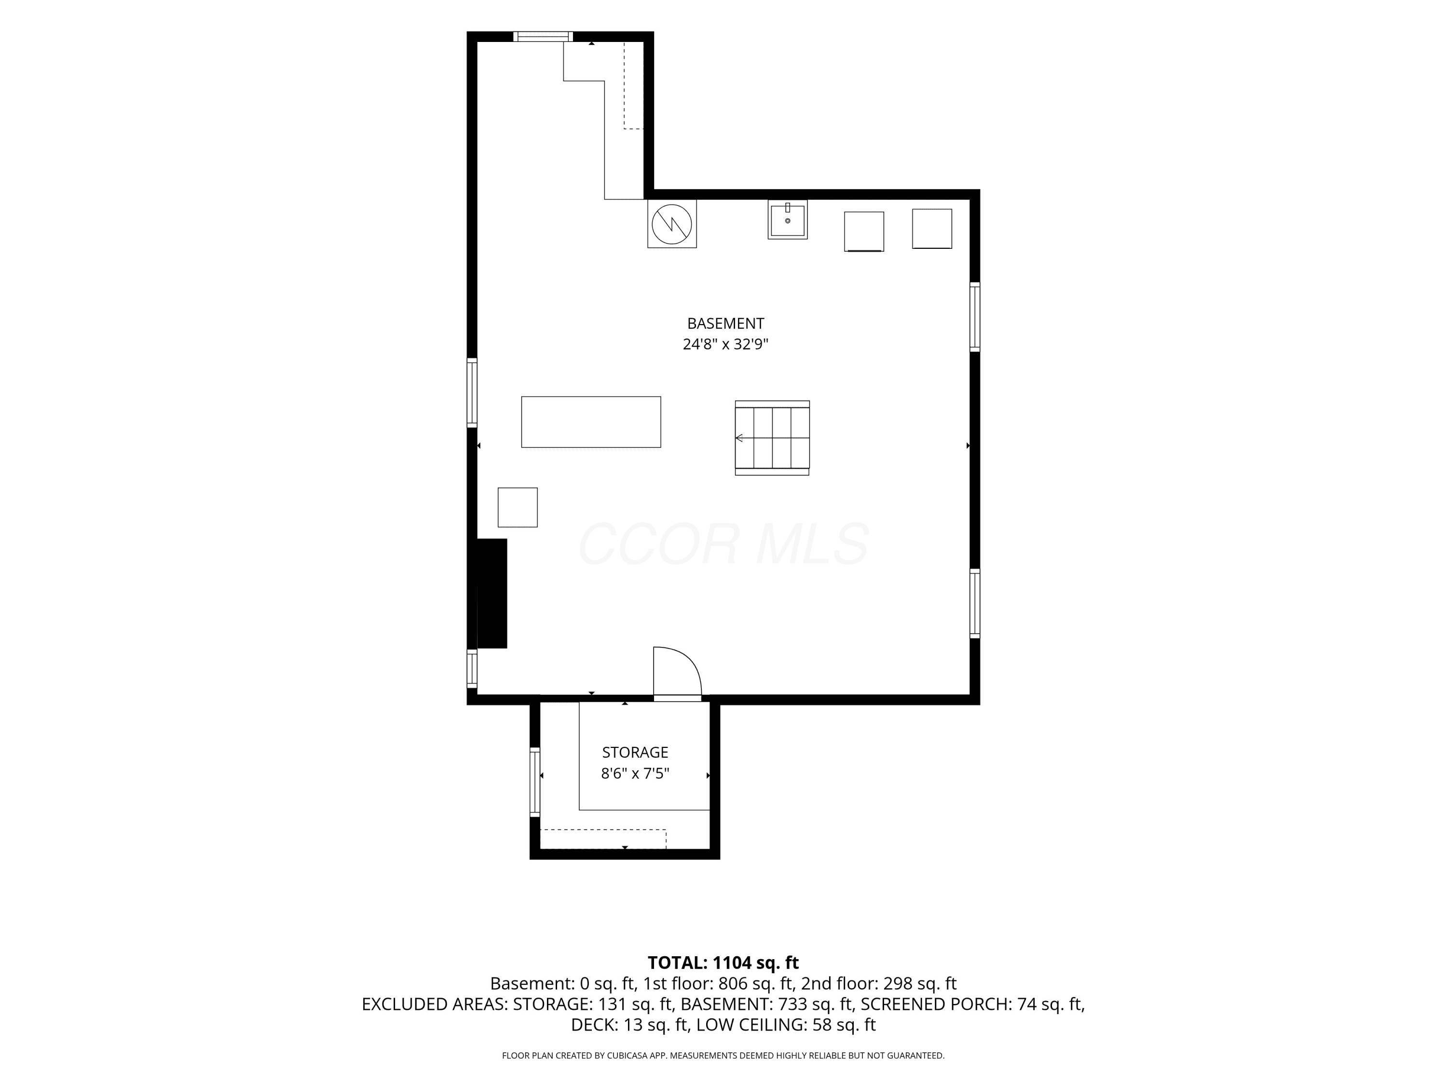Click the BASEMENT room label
click(725, 323)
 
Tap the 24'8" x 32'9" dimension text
click(725, 344)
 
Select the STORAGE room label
click(635, 752)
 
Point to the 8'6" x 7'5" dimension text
click(635, 773)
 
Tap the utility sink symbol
click(787, 220)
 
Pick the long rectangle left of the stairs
click(591, 422)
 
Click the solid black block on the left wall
click(492, 593)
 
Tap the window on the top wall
click(543, 37)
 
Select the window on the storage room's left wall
click(535, 782)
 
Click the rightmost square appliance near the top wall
click(932, 229)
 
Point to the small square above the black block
click(518, 507)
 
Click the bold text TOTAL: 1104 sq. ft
click(723, 962)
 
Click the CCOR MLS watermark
click(723, 544)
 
